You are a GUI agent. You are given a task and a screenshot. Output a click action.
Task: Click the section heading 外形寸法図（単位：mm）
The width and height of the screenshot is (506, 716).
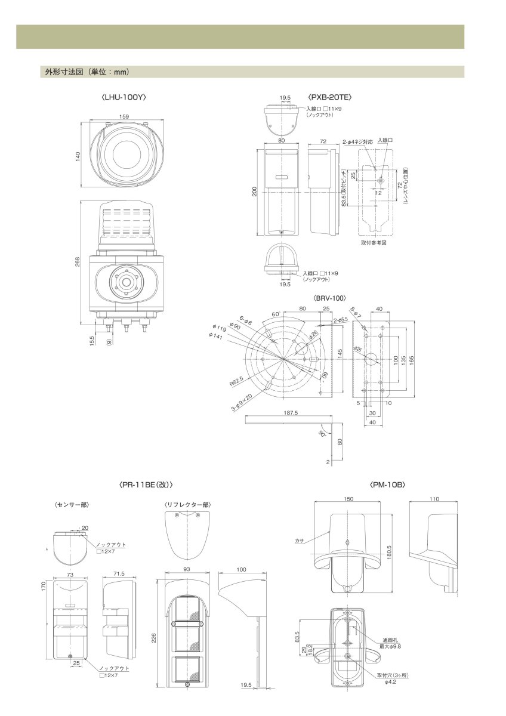coord(87,72)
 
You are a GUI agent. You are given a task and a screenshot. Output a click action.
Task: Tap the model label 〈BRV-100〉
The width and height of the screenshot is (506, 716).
coord(329,297)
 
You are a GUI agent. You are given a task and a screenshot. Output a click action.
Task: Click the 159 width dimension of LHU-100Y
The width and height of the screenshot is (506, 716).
coord(124,116)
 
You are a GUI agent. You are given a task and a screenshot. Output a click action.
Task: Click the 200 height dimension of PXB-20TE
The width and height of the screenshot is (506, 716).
coord(255,192)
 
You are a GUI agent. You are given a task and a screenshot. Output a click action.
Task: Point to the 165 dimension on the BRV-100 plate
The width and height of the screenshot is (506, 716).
coord(412,360)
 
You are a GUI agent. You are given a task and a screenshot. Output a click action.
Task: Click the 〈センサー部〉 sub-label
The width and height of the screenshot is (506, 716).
coord(72,505)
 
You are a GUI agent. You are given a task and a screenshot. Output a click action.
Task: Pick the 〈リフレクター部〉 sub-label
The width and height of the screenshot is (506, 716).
coord(187,505)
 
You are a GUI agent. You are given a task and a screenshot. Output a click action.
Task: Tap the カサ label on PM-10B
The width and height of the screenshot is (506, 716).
coord(299,541)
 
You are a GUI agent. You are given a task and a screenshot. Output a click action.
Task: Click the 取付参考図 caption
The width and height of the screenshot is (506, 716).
coord(374,243)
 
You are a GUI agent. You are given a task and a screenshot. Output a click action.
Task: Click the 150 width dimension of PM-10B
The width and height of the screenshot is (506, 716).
coord(348,499)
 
